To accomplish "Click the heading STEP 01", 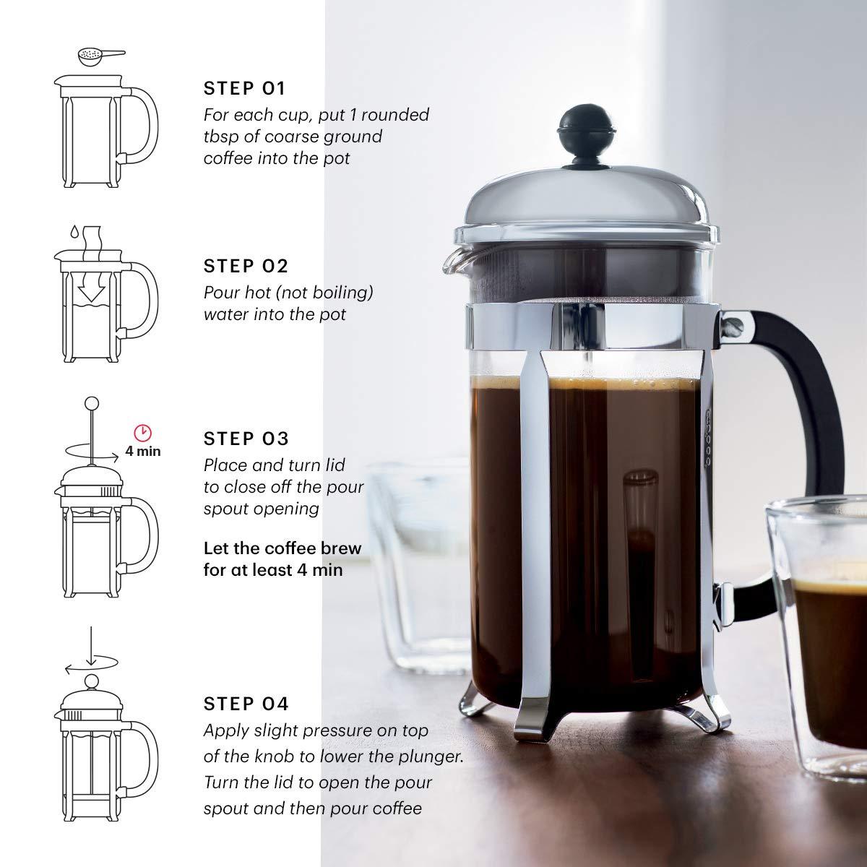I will click(245, 89).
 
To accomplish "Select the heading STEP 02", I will click(246, 266).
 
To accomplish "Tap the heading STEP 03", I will click(246, 439).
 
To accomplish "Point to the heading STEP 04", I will click(246, 703).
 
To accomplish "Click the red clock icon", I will click(143, 433).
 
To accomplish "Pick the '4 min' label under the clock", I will click(143, 452).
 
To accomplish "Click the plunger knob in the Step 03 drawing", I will click(92, 403).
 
